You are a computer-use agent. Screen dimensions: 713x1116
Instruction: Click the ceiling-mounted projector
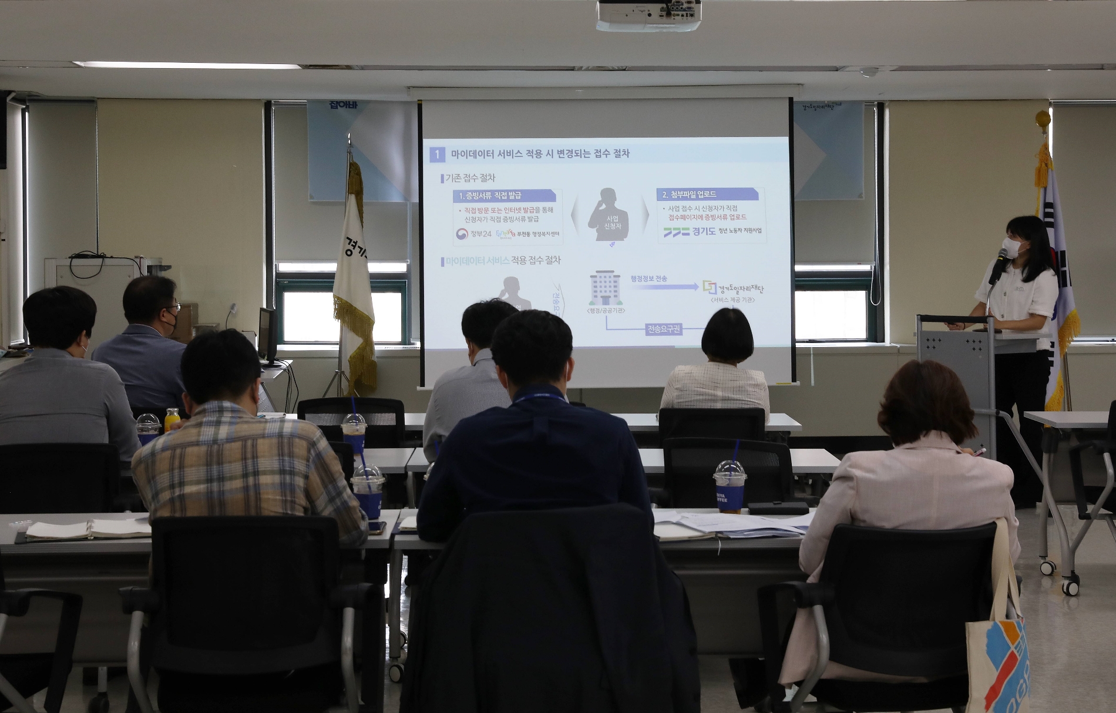(x=648, y=15)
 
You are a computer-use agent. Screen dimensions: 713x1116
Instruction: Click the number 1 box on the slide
(x=437, y=154)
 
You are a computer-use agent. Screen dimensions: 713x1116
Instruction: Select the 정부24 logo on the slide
(x=473, y=234)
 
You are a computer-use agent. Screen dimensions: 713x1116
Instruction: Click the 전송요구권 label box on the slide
(x=664, y=329)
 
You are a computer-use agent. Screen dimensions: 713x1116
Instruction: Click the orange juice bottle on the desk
(x=172, y=419)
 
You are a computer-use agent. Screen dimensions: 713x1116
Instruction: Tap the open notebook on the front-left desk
(x=88, y=529)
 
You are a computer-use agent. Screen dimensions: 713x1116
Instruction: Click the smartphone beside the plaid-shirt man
(x=376, y=527)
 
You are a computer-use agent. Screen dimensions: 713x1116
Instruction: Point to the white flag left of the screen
(x=354, y=276)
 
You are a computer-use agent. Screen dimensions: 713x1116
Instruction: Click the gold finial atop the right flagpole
(x=1043, y=119)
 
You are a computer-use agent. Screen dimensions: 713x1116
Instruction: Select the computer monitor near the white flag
(x=267, y=335)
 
